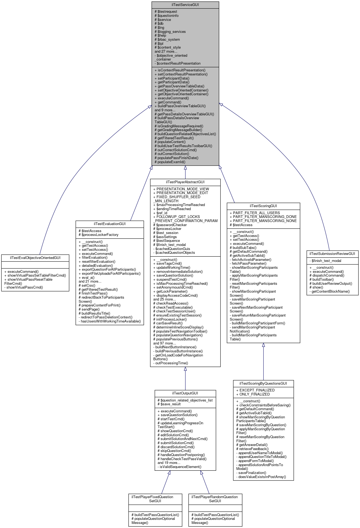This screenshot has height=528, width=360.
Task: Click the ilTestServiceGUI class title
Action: pyautogui.click(x=185, y=5)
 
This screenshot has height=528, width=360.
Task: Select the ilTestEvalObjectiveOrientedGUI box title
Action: pyautogui.click(x=35, y=258)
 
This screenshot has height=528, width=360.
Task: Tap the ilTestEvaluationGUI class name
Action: pyautogui.click(x=110, y=224)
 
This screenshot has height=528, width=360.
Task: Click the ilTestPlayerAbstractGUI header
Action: pyautogui.click(x=185, y=182)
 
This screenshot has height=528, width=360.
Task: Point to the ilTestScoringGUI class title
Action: pyautogui.click(x=263, y=206)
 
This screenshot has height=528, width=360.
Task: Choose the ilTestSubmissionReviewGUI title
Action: pyautogui.click(x=332, y=254)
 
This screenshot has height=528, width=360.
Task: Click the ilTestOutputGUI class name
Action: pyautogui.click(x=185, y=393)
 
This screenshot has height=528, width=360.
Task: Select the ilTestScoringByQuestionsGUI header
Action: pyautogui.click(x=263, y=383)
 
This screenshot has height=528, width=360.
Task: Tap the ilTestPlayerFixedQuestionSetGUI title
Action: pyautogui.click(x=155, y=499)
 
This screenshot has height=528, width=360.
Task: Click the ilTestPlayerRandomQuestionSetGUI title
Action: pyautogui.click(x=215, y=499)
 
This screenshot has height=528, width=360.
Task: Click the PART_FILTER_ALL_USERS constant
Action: pyautogui.click(x=256, y=213)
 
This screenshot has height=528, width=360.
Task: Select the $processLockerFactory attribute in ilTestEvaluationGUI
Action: pyautogui.click(x=100, y=235)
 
